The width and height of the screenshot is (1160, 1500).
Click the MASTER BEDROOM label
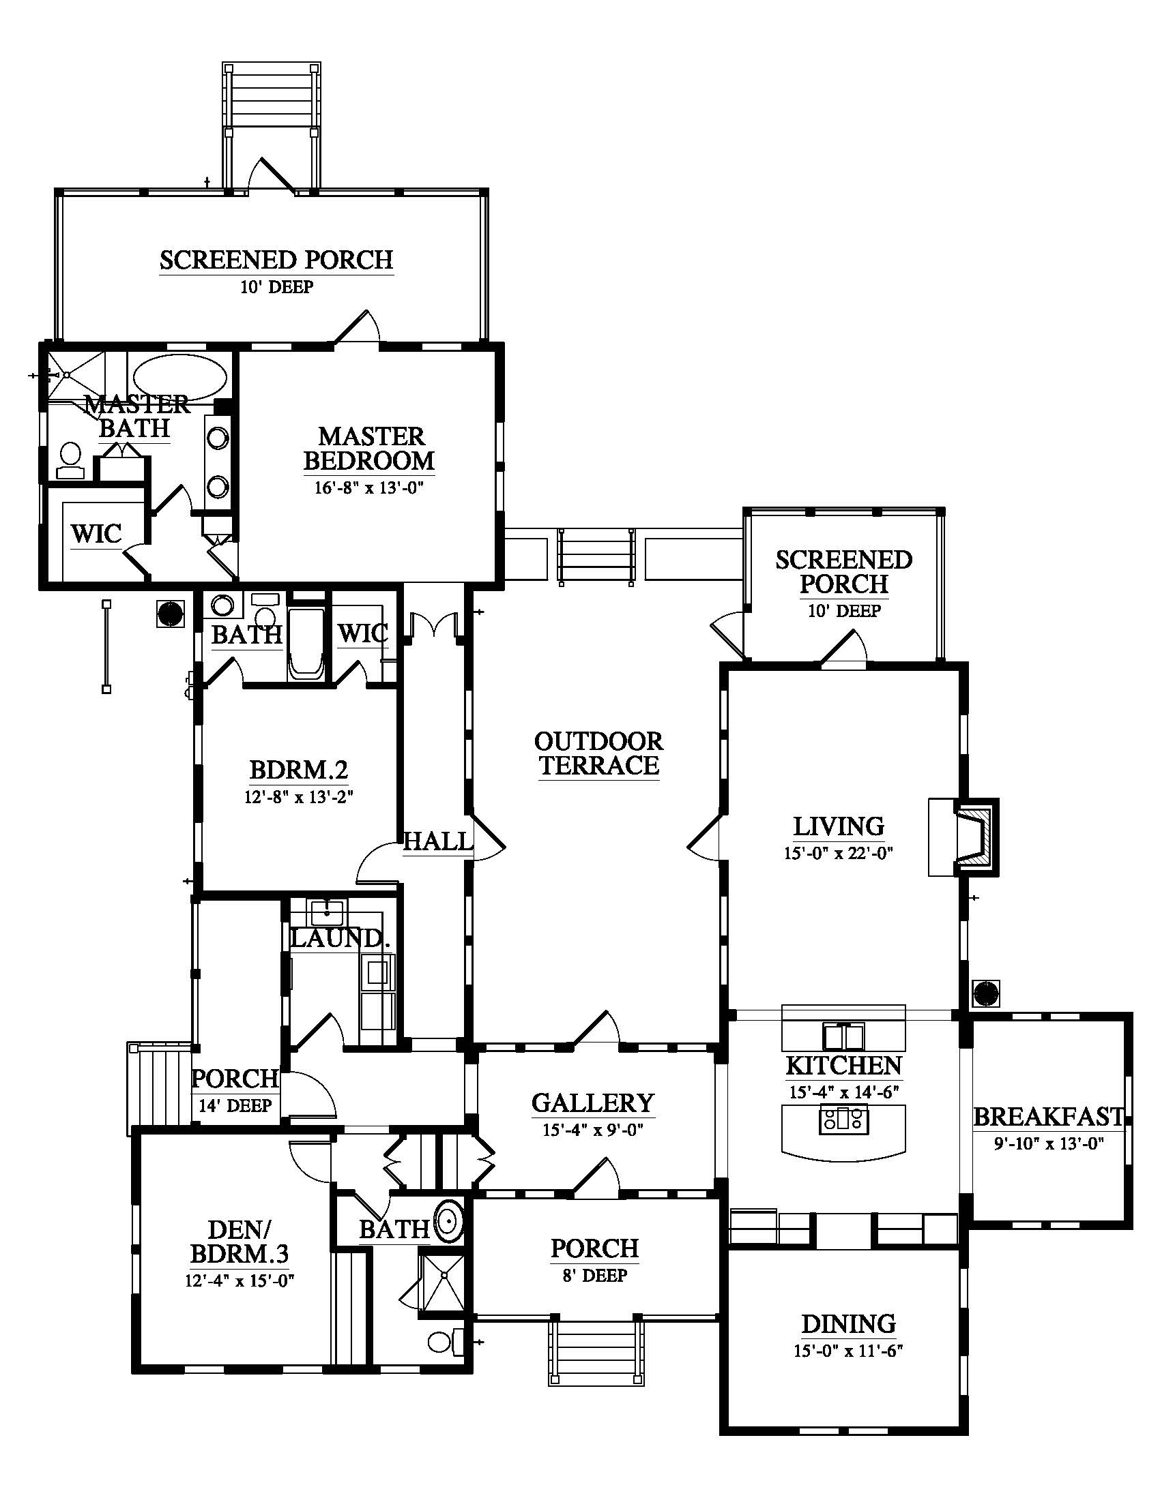(369, 448)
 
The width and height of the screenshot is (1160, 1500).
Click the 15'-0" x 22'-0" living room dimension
(839, 854)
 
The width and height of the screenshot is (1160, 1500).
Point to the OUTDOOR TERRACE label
(598, 753)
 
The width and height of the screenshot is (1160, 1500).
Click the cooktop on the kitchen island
(843, 1122)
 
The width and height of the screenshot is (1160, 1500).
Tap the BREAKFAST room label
(1049, 1116)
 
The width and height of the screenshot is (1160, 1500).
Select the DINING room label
(849, 1323)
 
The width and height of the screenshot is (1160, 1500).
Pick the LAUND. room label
(340, 937)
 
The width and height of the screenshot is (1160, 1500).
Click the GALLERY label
(592, 1102)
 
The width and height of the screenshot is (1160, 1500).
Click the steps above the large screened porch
(271, 96)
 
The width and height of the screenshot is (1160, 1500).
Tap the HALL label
(438, 841)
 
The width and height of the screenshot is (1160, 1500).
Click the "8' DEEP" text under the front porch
(594, 1276)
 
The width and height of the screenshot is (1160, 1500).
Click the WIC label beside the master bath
(96, 533)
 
